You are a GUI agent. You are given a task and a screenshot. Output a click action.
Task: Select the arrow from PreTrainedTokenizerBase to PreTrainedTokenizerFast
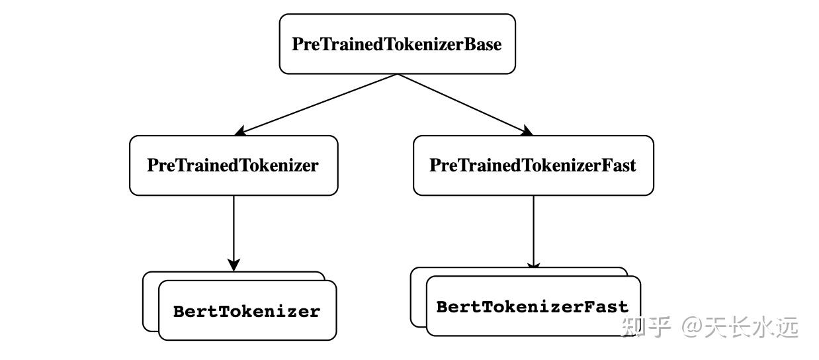tap(463, 103)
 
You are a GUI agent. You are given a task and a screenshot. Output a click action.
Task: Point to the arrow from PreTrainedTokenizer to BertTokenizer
tap(234, 228)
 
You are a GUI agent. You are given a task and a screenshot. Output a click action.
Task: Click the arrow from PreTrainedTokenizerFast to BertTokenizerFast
tap(533, 228)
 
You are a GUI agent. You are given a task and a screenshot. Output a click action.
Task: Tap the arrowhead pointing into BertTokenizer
tap(234, 264)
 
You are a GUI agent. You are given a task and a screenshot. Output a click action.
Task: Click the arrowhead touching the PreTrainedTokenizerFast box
tap(525, 130)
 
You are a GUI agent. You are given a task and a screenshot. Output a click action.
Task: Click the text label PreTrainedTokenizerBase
tap(397, 44)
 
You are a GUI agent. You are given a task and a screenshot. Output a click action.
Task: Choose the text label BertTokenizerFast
tap(533, 307)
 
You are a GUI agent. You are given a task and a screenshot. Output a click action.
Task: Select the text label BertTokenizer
tap(247, 311)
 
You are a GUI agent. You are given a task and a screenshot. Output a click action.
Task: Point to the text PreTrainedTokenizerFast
tap(533, 165)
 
